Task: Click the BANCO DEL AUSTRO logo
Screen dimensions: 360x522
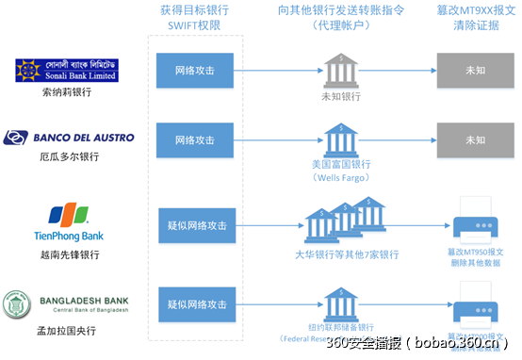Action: [70, 138]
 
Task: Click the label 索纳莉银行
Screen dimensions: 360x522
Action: [42, 92]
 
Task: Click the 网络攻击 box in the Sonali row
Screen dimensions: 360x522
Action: [195, 71]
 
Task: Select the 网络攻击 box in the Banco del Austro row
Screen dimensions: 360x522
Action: [195, 139]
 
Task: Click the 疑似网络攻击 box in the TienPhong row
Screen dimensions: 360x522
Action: [195, 225]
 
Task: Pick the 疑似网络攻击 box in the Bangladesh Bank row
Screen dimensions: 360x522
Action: [195, 304]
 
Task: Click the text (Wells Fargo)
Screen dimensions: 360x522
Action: [341, 176]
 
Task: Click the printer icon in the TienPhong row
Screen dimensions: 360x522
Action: [475, 223]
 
